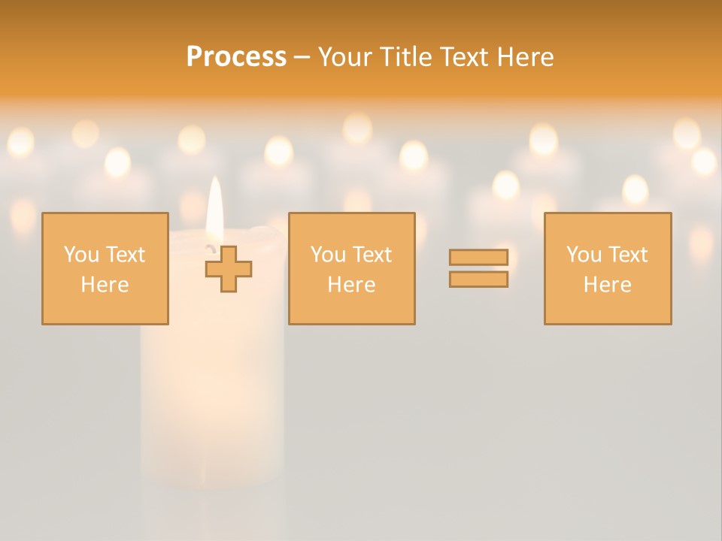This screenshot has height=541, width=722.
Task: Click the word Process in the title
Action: click(x=236, y=57)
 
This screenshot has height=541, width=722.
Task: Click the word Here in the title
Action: click(x=528, y=57)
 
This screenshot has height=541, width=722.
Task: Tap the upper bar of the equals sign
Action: click(x=478, y=257)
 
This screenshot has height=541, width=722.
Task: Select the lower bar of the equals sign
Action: click(x=478, y=280)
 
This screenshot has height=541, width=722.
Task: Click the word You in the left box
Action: click(x=81, y=255)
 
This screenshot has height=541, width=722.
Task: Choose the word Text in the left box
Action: click(x=125, y=255)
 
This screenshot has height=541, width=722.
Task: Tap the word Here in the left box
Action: click(x=105, y=285)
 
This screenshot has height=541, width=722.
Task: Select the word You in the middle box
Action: click(x=328, y=255)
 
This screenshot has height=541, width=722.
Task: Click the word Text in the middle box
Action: click(x=372, y=255)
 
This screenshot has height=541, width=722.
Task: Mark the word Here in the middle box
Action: click(x=351, y=285)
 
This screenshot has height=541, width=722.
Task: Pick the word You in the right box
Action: click(x=584, y=255)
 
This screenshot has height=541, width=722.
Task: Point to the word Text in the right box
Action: click(x=627, y=255)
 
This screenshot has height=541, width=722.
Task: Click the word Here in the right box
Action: click(x=607, y=285)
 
